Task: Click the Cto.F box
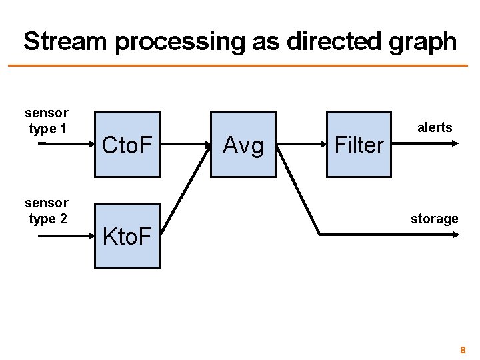[127, 144]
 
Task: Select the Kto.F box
[127, 235]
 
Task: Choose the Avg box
[243, 144]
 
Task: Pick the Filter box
[359, 144]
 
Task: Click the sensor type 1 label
[47, 121]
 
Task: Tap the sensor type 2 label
[47, 210]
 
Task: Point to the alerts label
[435, 127]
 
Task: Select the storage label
[434, 219]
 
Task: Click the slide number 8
[463, 349]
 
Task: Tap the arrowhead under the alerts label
[455, 143]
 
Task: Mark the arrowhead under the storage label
[455, 235]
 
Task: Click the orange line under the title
[240, 65]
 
